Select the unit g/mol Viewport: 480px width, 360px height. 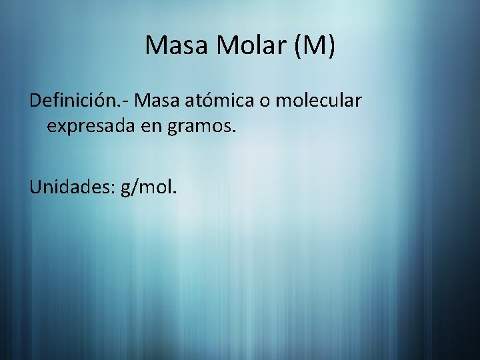(149, 189)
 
